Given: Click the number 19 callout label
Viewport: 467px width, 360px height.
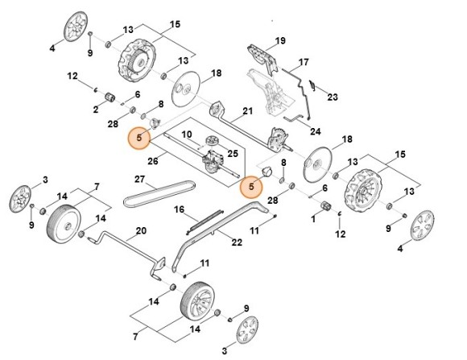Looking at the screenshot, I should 280,40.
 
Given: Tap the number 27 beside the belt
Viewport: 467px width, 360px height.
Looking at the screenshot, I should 138,178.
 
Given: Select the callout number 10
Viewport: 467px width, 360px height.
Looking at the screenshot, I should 185,134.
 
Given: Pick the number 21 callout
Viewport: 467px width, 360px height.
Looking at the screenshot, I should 248,110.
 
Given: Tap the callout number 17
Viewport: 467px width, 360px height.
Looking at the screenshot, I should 304,62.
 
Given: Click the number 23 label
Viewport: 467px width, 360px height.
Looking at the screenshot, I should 333,97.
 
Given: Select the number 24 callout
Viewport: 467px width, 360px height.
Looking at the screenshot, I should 315,130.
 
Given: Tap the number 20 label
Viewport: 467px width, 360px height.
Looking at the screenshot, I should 141,230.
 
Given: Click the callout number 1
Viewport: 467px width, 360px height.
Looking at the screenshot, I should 313,219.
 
